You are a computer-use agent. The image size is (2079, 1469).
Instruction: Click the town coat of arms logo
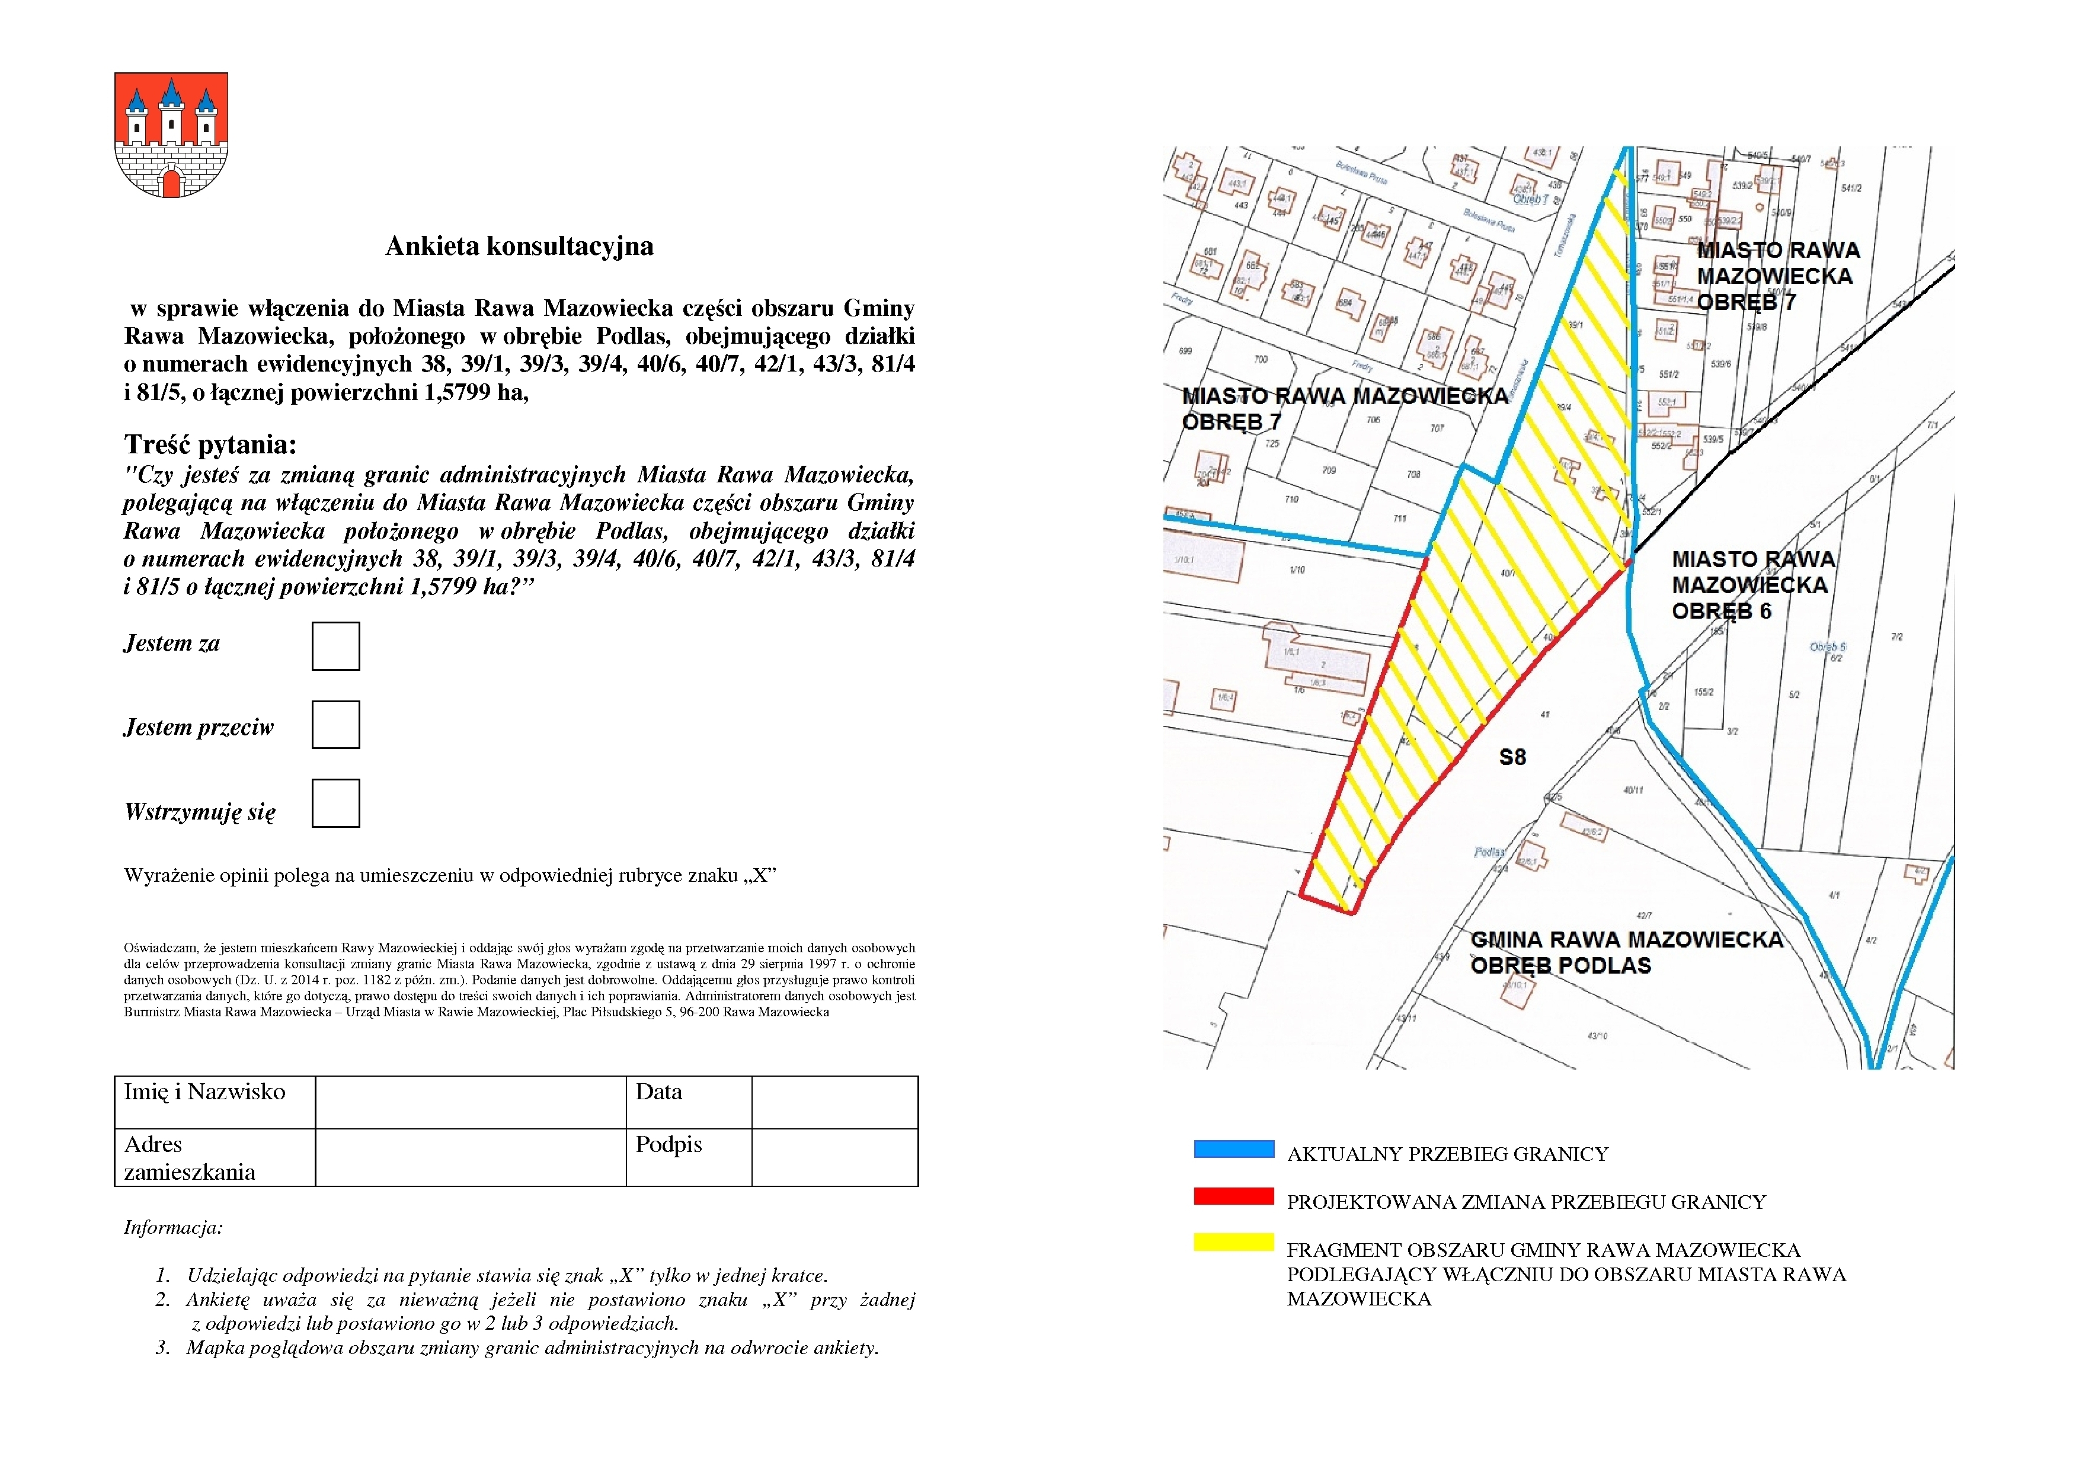[171, 135]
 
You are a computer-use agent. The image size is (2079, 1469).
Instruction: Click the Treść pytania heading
[210, 444]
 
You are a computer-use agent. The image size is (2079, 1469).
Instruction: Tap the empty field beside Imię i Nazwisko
[470, 1102]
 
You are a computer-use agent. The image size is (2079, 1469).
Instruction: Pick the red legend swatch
[1233, 1196]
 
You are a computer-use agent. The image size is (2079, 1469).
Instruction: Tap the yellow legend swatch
[1233, 1243]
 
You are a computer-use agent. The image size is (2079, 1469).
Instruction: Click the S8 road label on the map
[1512, 757]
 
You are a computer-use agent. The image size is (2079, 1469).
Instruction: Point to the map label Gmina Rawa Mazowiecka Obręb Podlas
[1626, 953]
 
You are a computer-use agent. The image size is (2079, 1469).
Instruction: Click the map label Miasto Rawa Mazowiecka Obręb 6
[1752, 585]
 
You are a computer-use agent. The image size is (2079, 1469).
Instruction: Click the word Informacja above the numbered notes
[173, 1228]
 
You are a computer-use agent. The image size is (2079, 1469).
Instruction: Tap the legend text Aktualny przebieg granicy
[1447, 1154]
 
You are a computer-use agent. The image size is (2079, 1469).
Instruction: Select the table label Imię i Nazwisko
[204, 1093]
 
